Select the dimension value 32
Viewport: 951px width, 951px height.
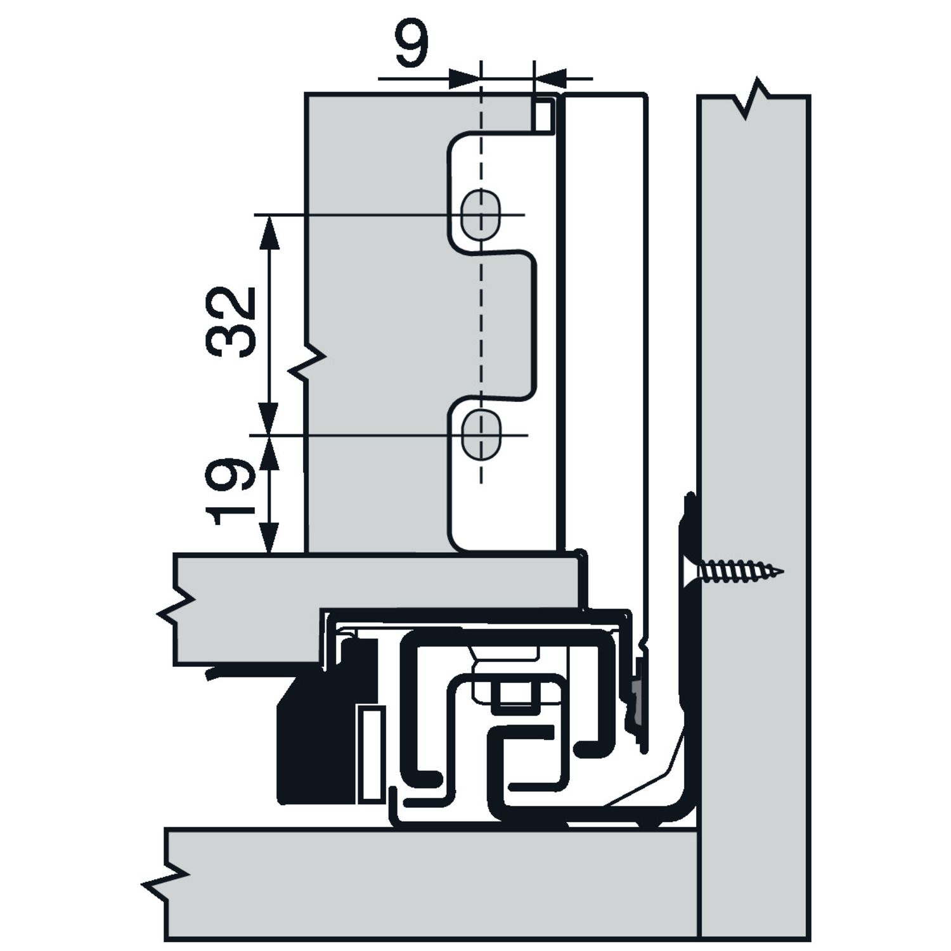pyautogui.click(x=231, y=321)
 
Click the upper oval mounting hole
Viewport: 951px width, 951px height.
pyautogui.click(x=481, y=215)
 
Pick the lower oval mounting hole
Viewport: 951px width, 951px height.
pyautogui.click(x=481, y=435)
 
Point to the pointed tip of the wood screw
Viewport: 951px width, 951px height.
pyautogui.click(x=783, y=572)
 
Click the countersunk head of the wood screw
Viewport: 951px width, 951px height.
pyautogui.click(x=690, y=572)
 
